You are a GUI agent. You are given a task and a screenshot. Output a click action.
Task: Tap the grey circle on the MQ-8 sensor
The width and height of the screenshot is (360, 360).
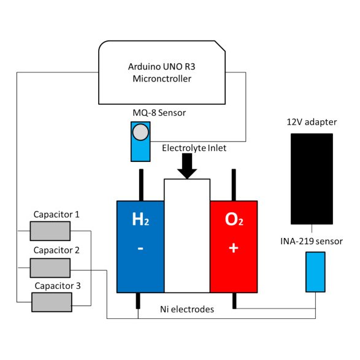coord(141,132)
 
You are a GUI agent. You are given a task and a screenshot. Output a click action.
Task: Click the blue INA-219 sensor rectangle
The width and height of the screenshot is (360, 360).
coord(315,272)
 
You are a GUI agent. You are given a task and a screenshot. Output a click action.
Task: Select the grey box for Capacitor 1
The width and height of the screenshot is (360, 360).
coord(51,231)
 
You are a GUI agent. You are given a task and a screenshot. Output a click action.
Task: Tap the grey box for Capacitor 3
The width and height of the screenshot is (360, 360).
coord(51,303)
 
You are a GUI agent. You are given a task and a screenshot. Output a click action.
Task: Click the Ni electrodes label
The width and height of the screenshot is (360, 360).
coord(187,310)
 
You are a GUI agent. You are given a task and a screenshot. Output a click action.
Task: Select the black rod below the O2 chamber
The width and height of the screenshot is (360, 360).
coord(234,301)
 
